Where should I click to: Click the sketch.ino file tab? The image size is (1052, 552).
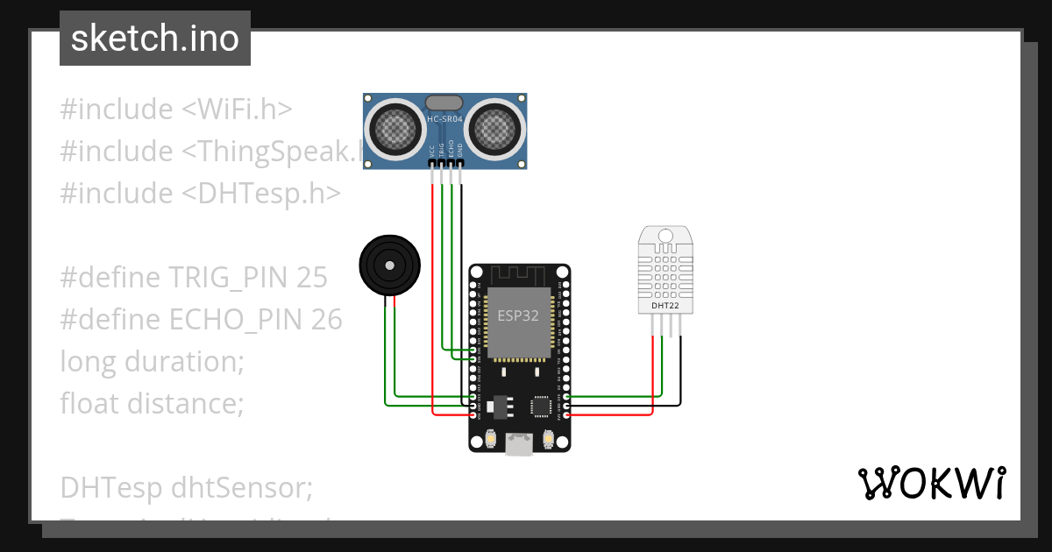click(x=155, y=39)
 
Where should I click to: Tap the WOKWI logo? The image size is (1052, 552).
click(x=931, y=483)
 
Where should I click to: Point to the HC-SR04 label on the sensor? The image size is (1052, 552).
click(x=445, y=118)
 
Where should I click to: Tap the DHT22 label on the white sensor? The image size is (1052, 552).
click(x=665, y=306)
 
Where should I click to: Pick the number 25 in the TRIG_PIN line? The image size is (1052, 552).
click(x=311, y=278)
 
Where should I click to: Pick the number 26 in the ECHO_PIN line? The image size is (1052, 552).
click(x=326, y=320)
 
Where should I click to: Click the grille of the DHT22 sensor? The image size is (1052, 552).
click(x=665, y=269)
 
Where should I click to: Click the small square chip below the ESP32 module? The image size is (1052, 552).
click(x=541, y=406)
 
